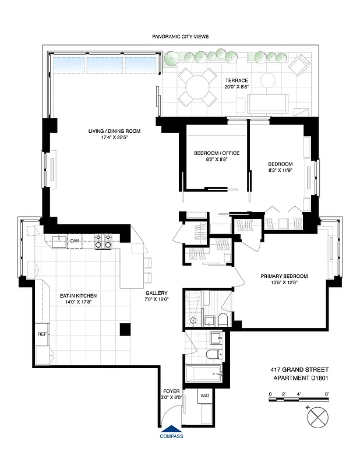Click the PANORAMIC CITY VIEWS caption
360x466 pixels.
click(180, 36)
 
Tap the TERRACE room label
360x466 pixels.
click(237, 80)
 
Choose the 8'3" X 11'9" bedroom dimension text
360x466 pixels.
click(280, 171)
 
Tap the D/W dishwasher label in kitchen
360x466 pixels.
click(75, 241)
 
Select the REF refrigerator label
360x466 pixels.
click(42, 334)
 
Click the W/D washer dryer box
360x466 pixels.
click(205, 396)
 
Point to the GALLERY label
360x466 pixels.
click(156, 293)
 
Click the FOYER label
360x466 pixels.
click(172, 391)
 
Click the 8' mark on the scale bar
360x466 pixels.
click(327, 394)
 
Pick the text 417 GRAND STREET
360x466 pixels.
click(299, 369)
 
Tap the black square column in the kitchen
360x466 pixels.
click(125, 329)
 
